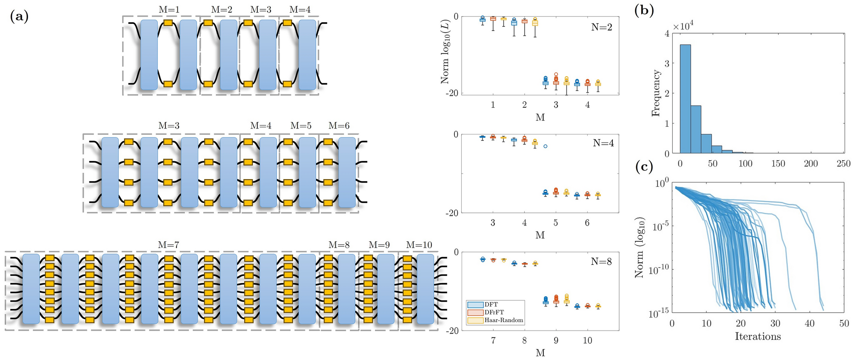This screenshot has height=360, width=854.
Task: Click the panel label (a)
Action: (19, 17)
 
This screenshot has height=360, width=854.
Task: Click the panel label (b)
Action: (644, 10)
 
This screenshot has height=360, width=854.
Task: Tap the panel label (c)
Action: (644, 167)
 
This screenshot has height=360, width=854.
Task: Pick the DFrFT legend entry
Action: (494, 312)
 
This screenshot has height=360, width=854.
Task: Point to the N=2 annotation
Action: (602, 27)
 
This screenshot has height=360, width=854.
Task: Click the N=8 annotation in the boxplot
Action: (601, 262)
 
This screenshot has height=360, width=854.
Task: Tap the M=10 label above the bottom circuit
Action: (419, 245)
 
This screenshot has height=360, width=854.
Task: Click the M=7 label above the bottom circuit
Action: (169, 245)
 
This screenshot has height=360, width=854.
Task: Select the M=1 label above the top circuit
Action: (169, 9)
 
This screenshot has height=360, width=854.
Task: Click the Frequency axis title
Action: (656, 93)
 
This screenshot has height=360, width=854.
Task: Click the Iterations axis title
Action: (758, 337)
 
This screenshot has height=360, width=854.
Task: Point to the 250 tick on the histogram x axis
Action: (843, 164)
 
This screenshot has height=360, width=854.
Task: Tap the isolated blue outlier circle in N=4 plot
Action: (546, 146)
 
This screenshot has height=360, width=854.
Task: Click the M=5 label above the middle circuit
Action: (301, 126)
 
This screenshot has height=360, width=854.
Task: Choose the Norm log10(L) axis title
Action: (445, 52)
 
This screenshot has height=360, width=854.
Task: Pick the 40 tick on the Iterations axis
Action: (809, 323)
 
